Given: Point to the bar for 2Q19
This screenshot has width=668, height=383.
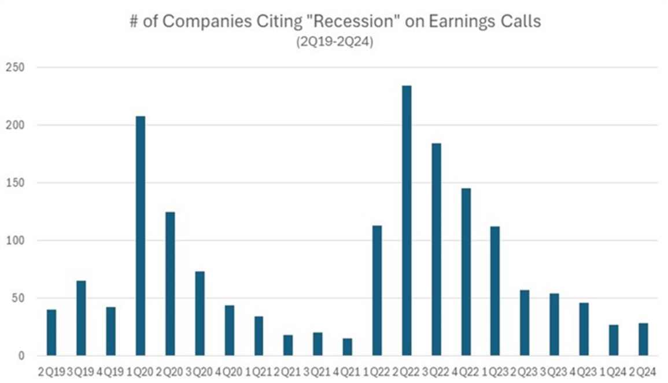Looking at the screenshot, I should pos(51,333).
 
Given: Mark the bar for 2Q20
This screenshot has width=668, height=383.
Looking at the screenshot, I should pos(170,284).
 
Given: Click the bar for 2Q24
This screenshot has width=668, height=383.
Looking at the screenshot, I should pos(643,340).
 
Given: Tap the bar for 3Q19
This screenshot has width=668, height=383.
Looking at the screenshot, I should pos(81,318).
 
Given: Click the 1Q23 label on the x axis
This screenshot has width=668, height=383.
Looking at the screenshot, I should pos(496,371).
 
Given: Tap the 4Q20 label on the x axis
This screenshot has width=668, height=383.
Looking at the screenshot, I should pos(229,371).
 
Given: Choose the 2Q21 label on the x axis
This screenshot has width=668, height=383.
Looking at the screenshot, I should pos(289,371).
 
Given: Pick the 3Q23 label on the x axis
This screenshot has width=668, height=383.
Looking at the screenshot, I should pos(555,371).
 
